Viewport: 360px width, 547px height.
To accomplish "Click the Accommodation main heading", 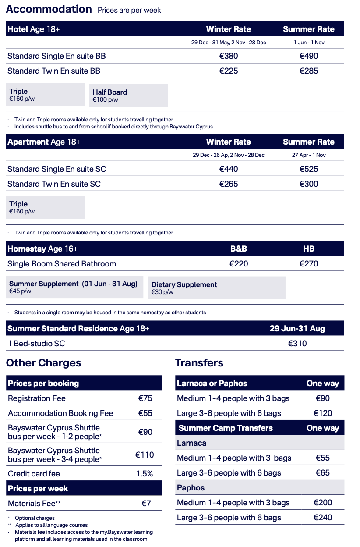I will coord(49,9).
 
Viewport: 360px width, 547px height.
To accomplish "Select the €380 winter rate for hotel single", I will coord(229,56).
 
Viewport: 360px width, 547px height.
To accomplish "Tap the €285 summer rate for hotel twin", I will coord(309,71).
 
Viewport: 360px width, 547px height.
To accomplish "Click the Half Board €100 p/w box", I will coord(128,95).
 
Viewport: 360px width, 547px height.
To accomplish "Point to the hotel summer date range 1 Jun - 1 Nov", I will coord(309,43).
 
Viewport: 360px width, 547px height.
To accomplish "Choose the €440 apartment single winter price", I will coord(229,169).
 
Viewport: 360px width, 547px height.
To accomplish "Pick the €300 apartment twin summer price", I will coord(309,184).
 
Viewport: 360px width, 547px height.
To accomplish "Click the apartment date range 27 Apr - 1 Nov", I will coord(309,155).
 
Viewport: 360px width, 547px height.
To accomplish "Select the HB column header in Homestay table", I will coord(309,249).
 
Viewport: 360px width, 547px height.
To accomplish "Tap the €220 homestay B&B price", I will coord(239,264).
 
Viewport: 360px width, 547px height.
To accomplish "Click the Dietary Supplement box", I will coord(216,288).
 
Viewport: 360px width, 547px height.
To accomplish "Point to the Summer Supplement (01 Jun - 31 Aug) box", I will coord(74,287).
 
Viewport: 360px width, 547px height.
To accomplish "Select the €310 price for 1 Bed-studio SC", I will coord(297,344).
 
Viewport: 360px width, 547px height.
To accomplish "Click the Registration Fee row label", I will coord(37,398).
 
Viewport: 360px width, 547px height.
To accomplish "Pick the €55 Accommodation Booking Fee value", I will coord(145,413).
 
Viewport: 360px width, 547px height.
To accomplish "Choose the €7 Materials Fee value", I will coord(146,504).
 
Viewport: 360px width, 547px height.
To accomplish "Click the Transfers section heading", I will coord(199,363).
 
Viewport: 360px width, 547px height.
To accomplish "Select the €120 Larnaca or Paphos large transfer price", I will coord(323,413).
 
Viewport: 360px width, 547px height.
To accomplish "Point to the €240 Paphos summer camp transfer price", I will coord(323,518).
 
